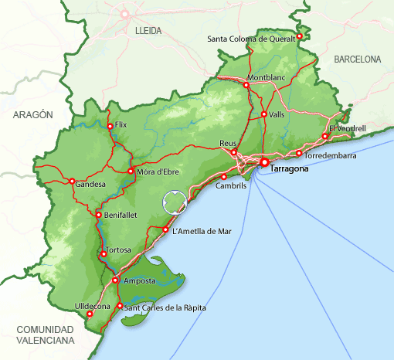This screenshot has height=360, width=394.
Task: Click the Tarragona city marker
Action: pyautogui.click(x=263, y=163)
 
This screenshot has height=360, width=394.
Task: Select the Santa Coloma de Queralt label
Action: pyautogui.click(x=252, y=39)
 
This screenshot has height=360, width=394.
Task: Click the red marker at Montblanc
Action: pyautogui.click(x=246, y=86)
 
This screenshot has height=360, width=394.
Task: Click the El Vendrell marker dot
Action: pyautogui.click(x=325, y=137)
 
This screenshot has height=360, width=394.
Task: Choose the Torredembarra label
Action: pyautogui.click(x=331, y=155)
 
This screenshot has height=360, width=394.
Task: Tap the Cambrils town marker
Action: pyautogui.click(x=223, y=177)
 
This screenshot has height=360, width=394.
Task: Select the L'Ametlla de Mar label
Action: pyautogui.click(x=202, y=230)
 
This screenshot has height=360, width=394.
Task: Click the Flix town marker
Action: pyautogui.click(x=110, y=126)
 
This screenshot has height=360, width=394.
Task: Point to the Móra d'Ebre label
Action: pyautogui.click(x=158, y=172)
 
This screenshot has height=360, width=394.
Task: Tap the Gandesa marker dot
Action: pyautogui.click(x=72, y=182)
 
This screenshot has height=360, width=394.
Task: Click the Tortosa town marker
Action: pyautogui.click(x=103, y=253)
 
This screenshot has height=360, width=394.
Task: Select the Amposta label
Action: pyautogui.click(x=140, y=280)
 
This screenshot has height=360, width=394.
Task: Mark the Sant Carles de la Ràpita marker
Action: pyautogui.click(x=119, y=307)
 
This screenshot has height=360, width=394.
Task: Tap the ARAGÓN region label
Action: pyautogui.click(x=32, y=114)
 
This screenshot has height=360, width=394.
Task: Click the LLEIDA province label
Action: pyautogui.click(x=148, y=30)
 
